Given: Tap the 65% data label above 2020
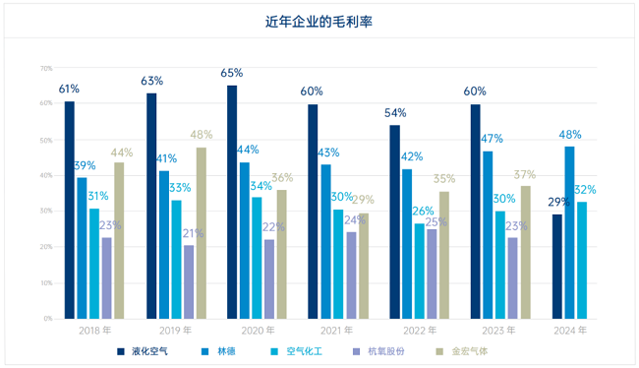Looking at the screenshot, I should (x=232, y=74).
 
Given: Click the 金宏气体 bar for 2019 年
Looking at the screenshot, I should (x=201, y=233).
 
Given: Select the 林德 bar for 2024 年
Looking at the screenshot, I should (x=570, y=232).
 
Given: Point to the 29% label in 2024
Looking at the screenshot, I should (x=558, y=203).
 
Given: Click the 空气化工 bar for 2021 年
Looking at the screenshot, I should (x=338, y=264).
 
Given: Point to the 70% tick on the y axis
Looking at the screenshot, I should (x=46, y=68).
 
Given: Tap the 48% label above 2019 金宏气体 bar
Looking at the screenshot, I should (x=202, y=136).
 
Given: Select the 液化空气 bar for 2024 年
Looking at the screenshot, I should (x=557, y=267).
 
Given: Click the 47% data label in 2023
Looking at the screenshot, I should (x=491, y=139).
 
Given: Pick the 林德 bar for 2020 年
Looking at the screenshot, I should (x=245, y=240).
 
